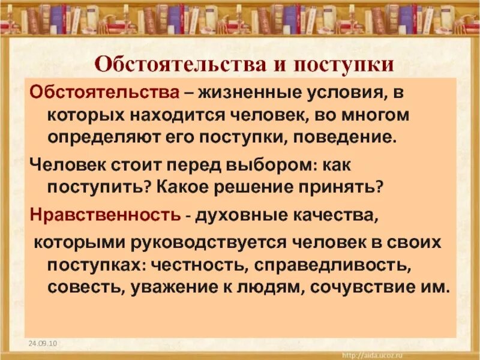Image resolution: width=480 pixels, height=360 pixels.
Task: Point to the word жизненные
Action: click(x=251, y=93)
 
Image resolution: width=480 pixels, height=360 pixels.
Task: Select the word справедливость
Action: click(x=341, y=263)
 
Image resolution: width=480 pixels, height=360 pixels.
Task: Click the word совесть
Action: click(x=82, y=285)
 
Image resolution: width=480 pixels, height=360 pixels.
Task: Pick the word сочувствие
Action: click(x=359, y=285)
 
